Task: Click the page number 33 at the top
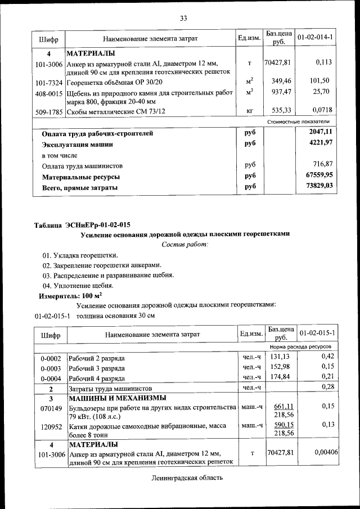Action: point(183,18)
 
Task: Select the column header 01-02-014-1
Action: point(316,38)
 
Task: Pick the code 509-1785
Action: point(48,112)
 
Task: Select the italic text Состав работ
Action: point(185,244)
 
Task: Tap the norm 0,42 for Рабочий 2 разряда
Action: point(327,357)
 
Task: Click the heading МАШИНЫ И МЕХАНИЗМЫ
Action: point(112,398)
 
